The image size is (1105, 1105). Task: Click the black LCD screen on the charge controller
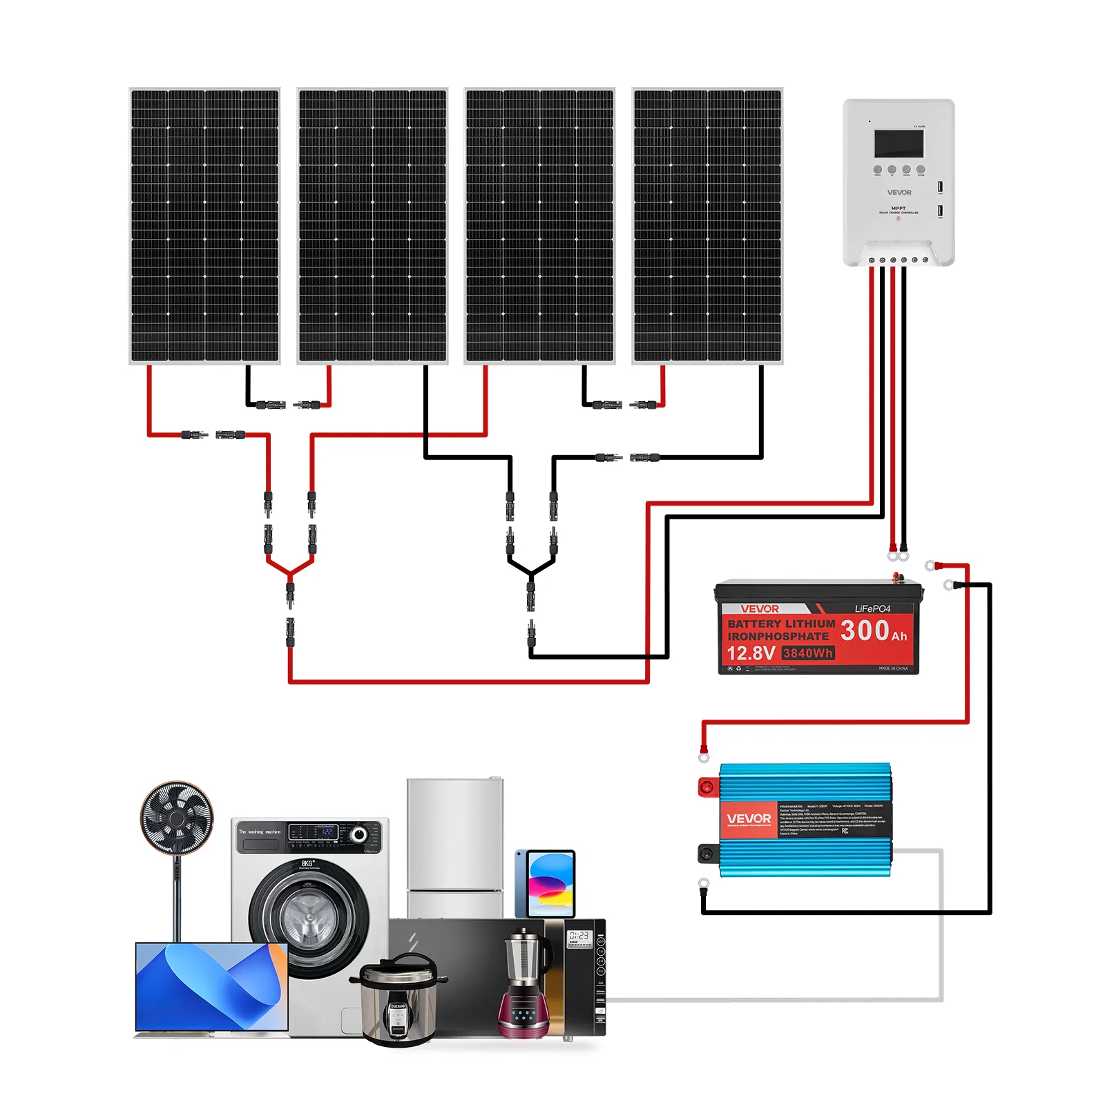899,143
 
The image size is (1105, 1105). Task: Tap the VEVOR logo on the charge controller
899,193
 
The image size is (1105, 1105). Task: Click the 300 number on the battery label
865,630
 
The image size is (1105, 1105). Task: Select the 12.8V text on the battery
750,653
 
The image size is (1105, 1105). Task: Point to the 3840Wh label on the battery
808,653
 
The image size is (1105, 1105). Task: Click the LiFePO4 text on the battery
872,608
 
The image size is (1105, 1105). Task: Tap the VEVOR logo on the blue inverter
749,819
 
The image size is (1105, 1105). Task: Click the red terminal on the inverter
707,787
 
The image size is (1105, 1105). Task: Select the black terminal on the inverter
707,854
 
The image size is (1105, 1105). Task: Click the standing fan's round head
177,818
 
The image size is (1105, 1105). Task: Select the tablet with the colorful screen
550,884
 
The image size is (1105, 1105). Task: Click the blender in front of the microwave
524,981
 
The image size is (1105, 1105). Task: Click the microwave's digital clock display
579,936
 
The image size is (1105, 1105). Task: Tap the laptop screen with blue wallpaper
211,986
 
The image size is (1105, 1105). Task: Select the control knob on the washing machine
358,834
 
